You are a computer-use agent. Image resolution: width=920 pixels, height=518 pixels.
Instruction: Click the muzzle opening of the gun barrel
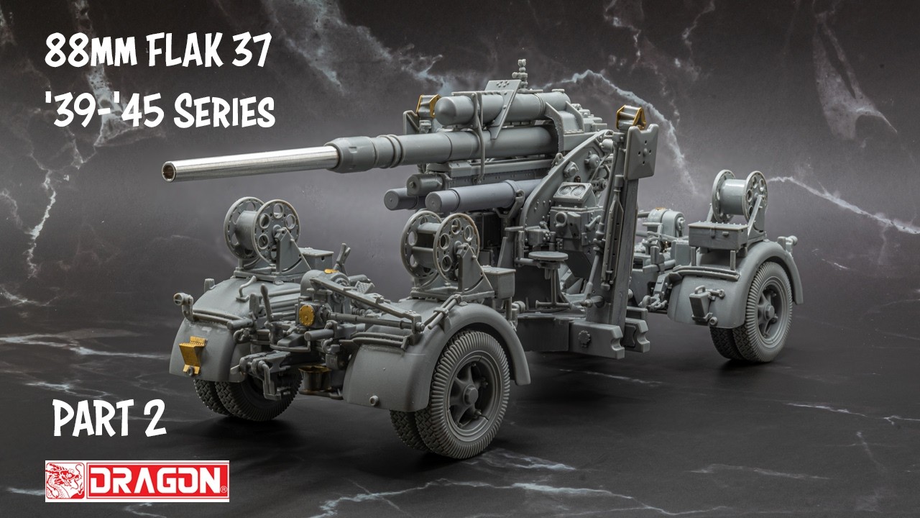click(x=168, y=171)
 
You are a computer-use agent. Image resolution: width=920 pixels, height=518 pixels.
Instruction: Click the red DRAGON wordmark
click(x=157, y=481)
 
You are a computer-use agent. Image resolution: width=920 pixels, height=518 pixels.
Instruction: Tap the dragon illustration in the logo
click(x=65, y=481)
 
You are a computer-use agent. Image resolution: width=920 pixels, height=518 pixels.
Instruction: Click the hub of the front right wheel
click(x=469, y=396)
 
